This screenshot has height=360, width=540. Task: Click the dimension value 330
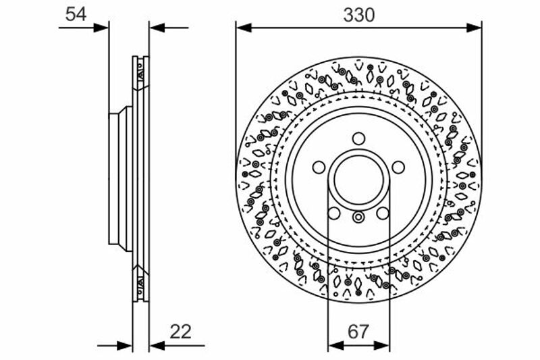pos(358,15)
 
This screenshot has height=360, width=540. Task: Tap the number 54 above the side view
pos(76,14)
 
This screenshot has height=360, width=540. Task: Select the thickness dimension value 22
pos(180,332)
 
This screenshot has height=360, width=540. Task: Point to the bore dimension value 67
pos(358,332)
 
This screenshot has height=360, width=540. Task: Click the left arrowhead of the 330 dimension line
pos(244,28)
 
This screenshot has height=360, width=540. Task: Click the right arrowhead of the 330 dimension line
pos(474,28)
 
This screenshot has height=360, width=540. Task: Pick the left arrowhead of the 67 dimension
pos(336,345)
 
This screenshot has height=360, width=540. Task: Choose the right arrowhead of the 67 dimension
pos(381,345)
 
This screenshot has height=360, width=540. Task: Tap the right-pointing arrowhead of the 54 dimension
pos(101,28)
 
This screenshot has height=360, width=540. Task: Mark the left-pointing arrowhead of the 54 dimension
pos(157,28)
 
